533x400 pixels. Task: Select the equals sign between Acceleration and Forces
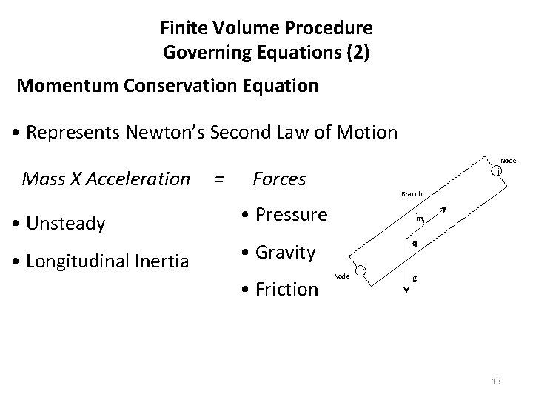(218, 179)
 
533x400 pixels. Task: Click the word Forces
(279, 179)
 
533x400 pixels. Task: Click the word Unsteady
(70, 223)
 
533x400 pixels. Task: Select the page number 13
(495, 381)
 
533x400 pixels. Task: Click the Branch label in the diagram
(412, 194)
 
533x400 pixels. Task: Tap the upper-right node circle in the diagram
(497, 172)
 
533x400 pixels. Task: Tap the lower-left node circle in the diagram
(361, 272)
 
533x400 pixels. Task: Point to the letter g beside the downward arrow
(415, 279)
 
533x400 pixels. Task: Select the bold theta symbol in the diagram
(415, 243)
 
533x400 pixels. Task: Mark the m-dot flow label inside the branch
(420, 219)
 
